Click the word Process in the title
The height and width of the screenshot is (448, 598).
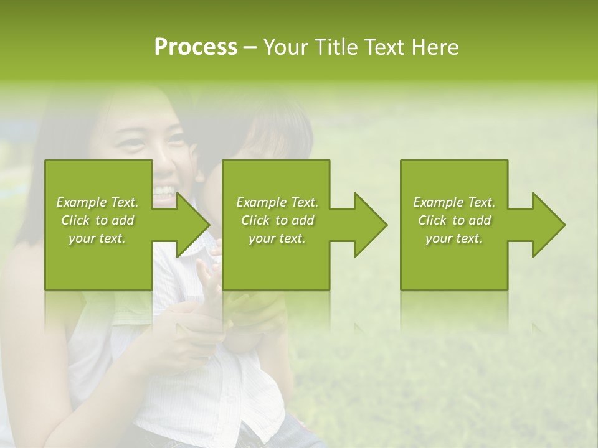pyautogui.click(x=196, y=47)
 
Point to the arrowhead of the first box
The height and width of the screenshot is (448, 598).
pyautogui.click(x=191, y=225)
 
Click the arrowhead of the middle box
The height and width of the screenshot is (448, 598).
pyautogui.click(x=368, y=225)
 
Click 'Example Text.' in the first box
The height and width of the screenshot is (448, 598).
pyautogui.click(x=98, y=202)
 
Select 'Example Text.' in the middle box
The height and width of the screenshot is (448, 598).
pyautogui.click(x=277, y=202)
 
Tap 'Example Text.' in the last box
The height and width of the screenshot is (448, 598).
pyautogui.click(x=454, y=202)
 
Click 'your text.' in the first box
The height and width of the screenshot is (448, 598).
pyautogui.click(x=98, y=238)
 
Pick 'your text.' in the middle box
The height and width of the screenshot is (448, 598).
pyautogui.click(x=277, y=238)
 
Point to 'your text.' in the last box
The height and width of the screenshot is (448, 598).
pyautogui.click(x=454, y=238)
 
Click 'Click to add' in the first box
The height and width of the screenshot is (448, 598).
pyautogui.click(x=98, y=220)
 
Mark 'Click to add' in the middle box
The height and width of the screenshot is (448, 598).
pyautogui.click(x=277, y=220)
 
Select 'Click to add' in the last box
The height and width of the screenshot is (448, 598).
pyautogui.click(x=454, y=220)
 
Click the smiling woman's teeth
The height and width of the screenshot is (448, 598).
pyautogui.click(x=164, y=190)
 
